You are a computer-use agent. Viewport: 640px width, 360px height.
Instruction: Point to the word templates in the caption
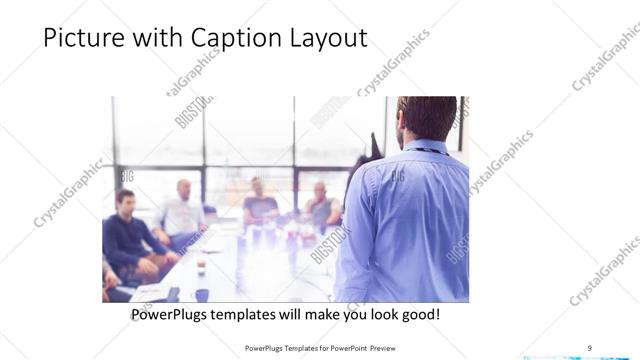(257, 315)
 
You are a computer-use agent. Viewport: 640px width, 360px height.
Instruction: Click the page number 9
(589, 348)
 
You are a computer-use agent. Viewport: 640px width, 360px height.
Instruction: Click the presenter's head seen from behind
(427, 117)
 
